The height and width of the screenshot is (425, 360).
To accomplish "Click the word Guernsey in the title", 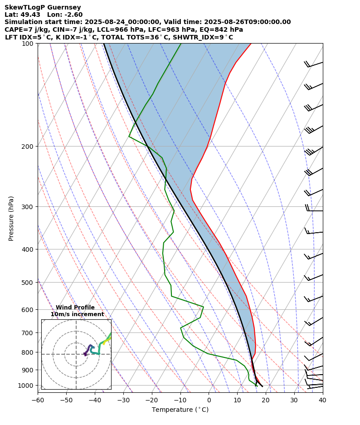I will pos(65,7).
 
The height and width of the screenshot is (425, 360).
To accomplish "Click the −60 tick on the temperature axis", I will pos(38,400).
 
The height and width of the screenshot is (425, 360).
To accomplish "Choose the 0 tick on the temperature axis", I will pos(209,400).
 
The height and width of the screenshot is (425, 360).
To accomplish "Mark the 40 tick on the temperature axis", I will pos(322,400).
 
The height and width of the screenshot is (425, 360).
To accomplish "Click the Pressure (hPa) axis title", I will pos(11,218).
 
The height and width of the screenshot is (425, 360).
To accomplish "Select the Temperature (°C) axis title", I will pos(180,410).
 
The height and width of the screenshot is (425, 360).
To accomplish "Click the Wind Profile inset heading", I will pos(75,308).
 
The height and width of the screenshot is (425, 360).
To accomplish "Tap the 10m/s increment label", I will pos(77,314).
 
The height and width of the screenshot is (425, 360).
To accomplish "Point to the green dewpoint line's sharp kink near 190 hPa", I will pos(129,136).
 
